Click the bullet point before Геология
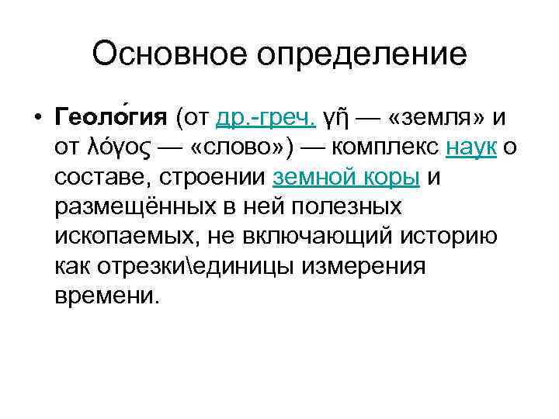(37, 118)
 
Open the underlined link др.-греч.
(266, 117)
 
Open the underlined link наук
(471, 147)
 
